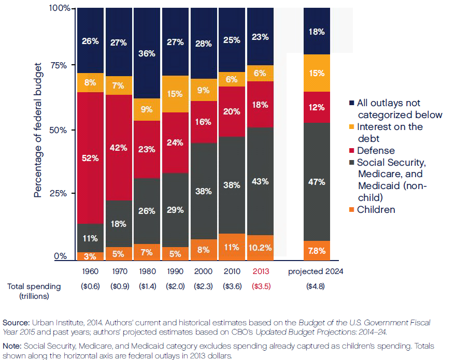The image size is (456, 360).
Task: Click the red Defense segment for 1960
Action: tap(90, 158)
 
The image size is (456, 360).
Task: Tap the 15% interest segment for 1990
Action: tap(176, 94)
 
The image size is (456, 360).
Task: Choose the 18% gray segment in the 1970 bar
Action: tap(119, 224)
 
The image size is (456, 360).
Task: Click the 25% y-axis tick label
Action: tap(61, 193)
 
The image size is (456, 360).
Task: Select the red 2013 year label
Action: tap(261, 271)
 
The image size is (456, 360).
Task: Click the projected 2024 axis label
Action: tap(316, 271)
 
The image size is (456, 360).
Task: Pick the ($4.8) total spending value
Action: tap(316, 286)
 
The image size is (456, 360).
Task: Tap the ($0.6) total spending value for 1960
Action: tap(90, 286)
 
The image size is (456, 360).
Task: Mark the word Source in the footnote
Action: tap(16, 322)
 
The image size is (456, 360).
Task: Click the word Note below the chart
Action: tap(13, 345)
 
